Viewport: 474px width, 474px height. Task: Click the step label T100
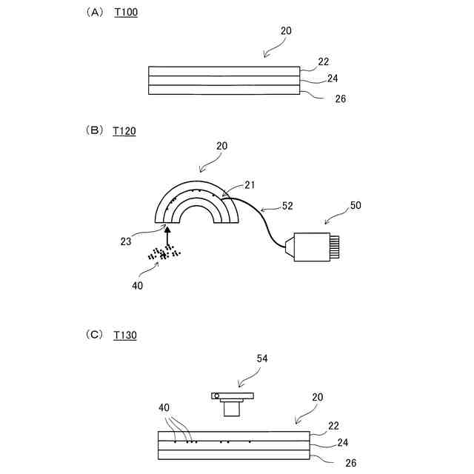point(126,13)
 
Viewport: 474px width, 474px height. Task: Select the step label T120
point(124,131)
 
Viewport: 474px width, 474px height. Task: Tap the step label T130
point(125,335)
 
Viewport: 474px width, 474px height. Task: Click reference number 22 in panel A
point(323,61)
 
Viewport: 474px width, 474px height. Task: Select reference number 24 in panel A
point(332,78)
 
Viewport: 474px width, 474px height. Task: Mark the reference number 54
point(261,358)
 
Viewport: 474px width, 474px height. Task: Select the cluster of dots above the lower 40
point(165,253)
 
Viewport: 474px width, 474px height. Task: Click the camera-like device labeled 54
point(231,401)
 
